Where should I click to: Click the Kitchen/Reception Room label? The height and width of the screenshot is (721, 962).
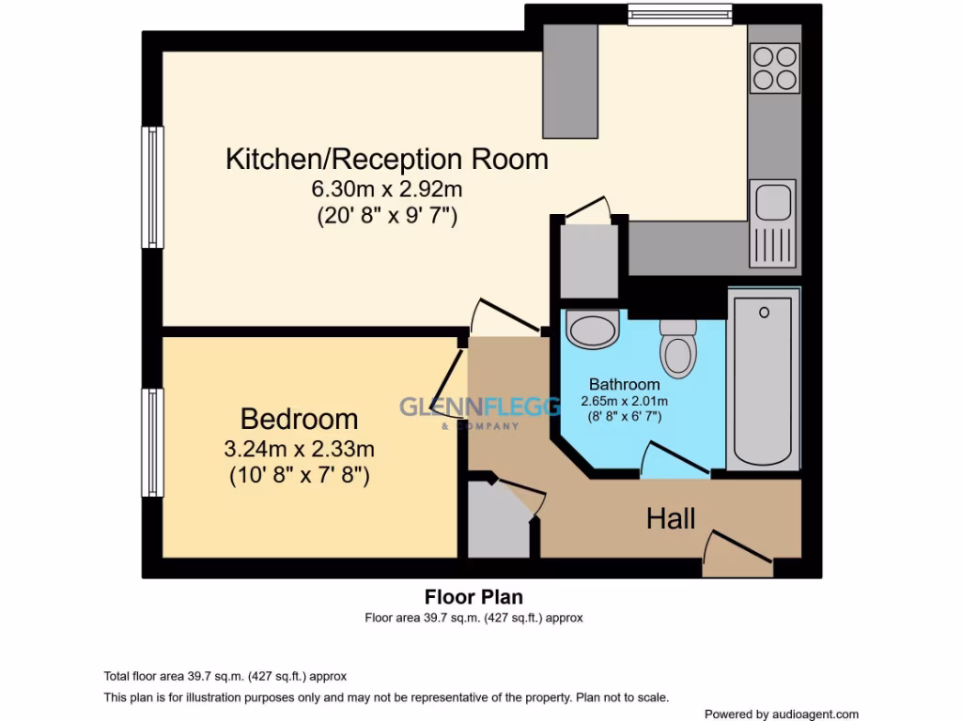coord(386,159)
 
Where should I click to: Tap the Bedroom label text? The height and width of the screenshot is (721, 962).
coord(299,419)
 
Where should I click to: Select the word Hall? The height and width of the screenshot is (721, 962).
coord(670,518)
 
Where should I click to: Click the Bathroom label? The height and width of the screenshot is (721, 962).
coord(624,384)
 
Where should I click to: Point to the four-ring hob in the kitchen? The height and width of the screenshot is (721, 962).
coord(775,68)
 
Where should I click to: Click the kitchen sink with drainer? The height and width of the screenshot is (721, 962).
coord(774,222)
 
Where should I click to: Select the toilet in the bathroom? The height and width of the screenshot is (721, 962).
coord(678,347)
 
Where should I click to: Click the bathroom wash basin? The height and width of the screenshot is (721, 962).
coord(593,330)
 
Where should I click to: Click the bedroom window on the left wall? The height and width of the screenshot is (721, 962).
coord(152,442)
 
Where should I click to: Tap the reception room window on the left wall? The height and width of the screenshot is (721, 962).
coord(152,188)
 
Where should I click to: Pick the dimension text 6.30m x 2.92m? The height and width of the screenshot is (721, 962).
coord(386,190)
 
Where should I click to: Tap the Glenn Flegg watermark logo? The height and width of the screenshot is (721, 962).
coord(459,409)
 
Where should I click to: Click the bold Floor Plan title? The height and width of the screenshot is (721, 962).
coord(473,597)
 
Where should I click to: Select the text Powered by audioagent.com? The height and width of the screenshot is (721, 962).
coord(781,713)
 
